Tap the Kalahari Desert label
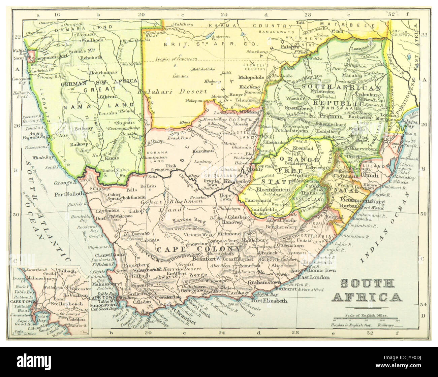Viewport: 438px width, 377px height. (x=177, y=91)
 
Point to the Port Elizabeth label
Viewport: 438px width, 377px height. (x=269, y=301)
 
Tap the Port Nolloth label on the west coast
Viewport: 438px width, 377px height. (x=68, y=194)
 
